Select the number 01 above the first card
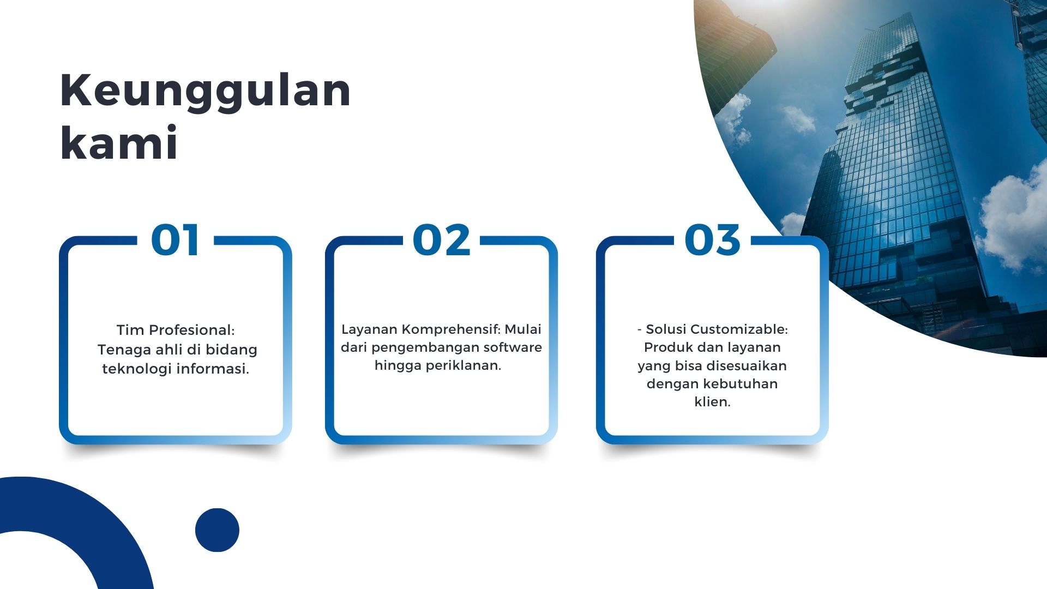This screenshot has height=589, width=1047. [175, 240]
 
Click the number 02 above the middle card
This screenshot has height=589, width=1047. [441, 240]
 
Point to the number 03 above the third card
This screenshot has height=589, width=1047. [712, 240]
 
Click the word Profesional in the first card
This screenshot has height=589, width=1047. [191, 330]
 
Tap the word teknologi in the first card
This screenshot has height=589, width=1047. [137, 369]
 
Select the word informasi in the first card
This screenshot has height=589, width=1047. [213, 369]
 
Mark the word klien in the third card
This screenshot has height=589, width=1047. [712, 402]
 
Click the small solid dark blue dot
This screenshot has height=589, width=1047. [217, 530]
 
